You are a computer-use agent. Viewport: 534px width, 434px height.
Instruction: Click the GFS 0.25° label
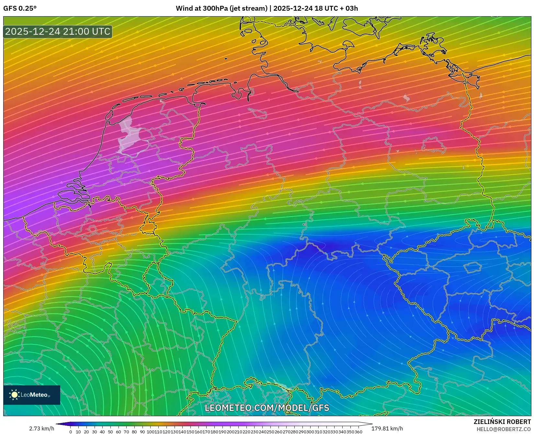tap(20, 8)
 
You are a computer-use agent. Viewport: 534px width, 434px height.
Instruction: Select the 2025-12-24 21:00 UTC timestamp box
tap(58, 31)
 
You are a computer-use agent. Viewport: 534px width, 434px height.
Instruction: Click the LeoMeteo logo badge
tap(32, 395)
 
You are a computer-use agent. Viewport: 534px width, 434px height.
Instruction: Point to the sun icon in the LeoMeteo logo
tap(14, 395)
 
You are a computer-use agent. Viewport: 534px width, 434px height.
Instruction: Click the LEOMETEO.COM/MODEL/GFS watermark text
tap(267, 408)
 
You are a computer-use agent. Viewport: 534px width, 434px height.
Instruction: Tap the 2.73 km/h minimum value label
tap(41, 429)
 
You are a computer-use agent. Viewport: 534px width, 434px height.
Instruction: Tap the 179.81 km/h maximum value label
tap(387, 429)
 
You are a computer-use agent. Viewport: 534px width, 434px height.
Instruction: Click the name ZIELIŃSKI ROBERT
tap(502, 422)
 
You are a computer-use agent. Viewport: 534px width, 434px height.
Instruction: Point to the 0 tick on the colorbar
tap(71, 432)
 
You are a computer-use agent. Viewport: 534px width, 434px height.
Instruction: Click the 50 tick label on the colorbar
tap(110, 432)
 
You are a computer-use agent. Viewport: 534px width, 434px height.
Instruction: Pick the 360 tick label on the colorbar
tap(358, 432)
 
